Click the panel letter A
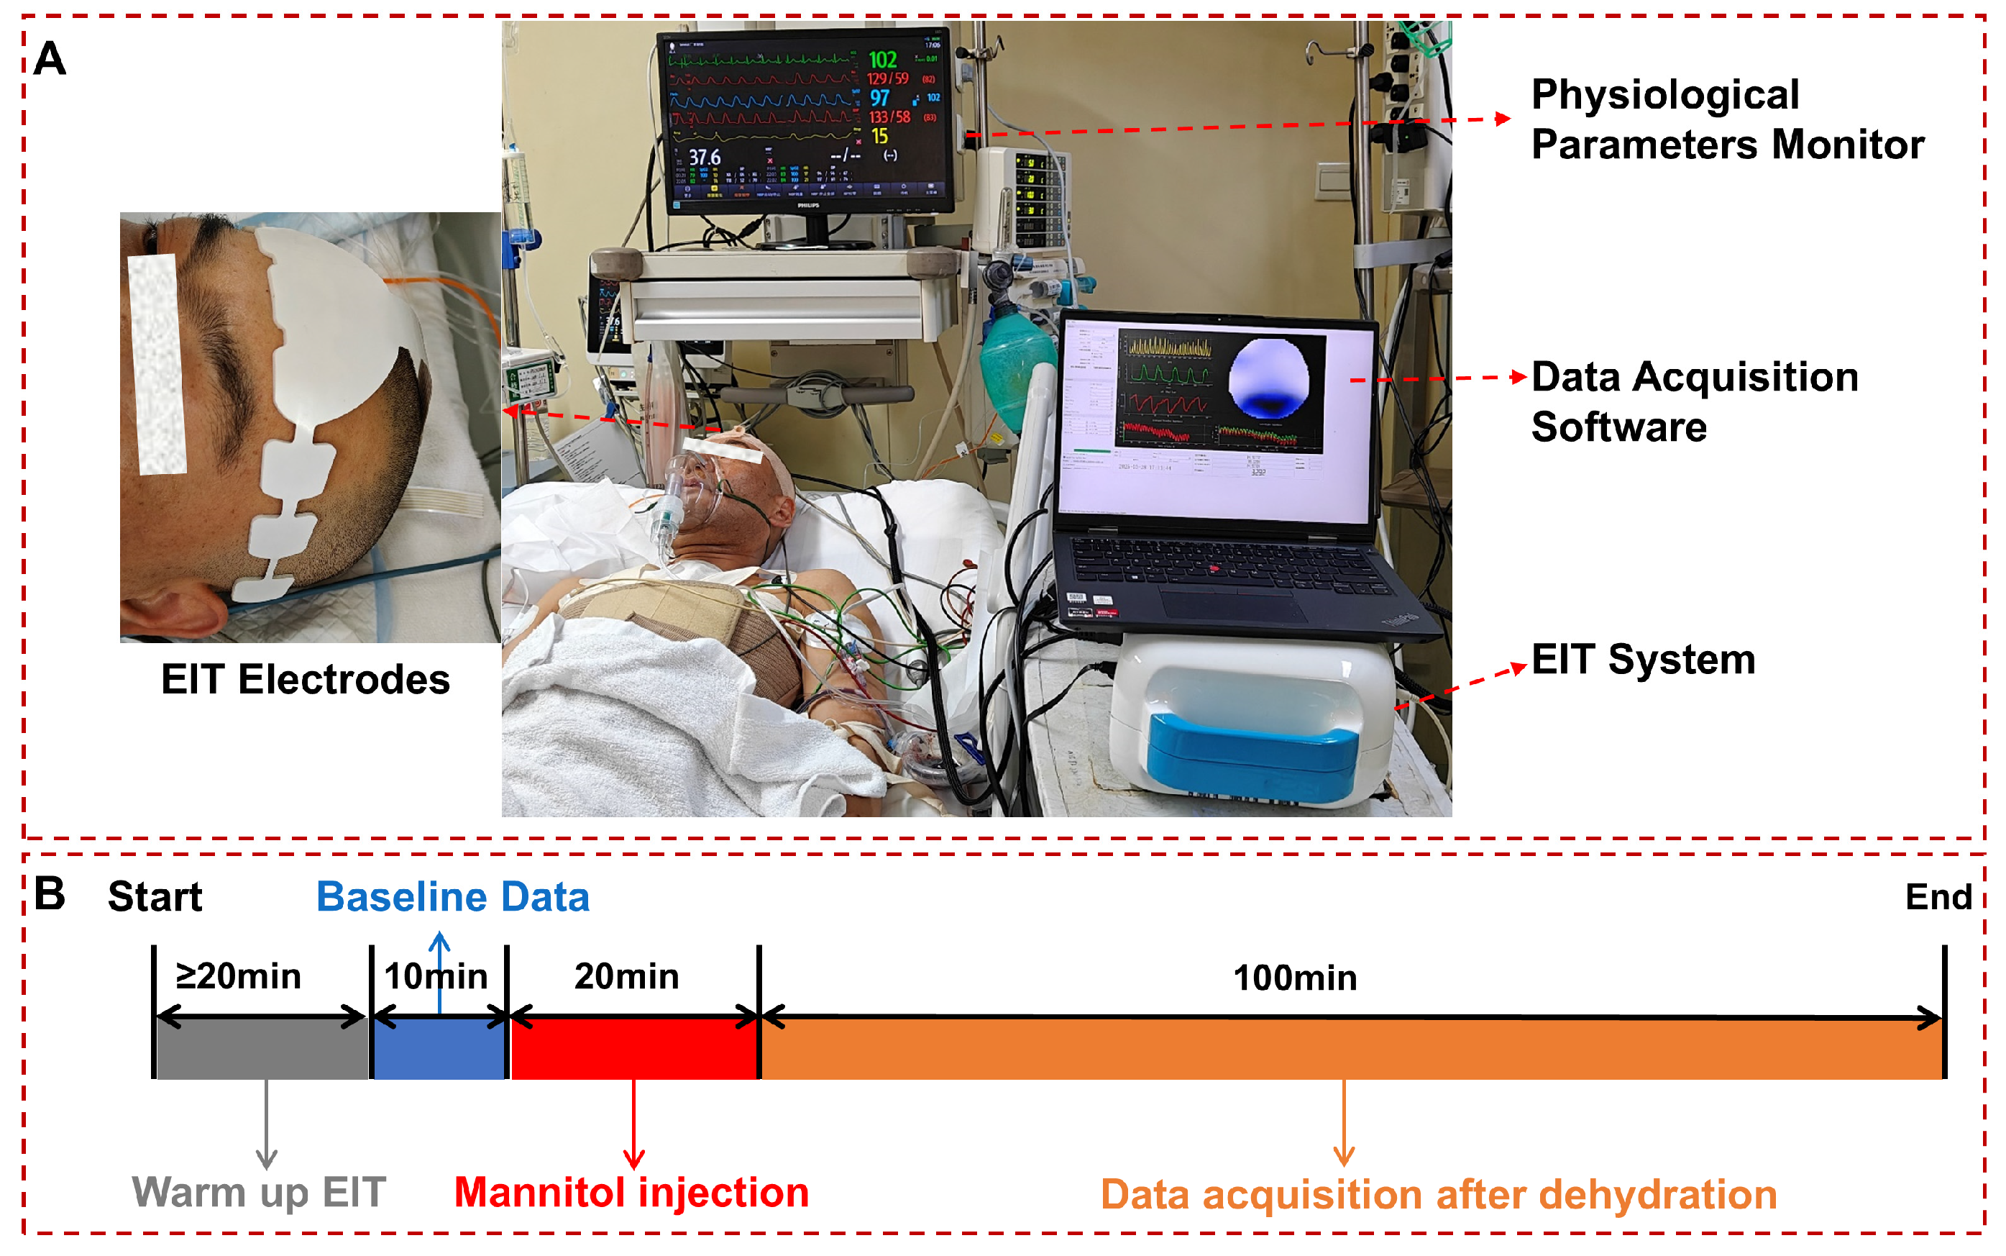point(50,59)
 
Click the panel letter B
point(50,895)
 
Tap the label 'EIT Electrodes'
point(305,680)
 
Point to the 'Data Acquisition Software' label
point(1694,401)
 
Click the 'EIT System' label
point(1642,660)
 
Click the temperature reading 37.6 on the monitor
point(704,157)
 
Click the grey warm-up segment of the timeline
point(262,1048)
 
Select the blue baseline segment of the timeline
point(439,1048)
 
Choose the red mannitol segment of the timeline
point(634,1048)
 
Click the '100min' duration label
point(1294,978)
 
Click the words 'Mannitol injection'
point(631,1193)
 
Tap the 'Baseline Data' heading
point(452,897)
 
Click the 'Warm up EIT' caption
point(259,1193)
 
